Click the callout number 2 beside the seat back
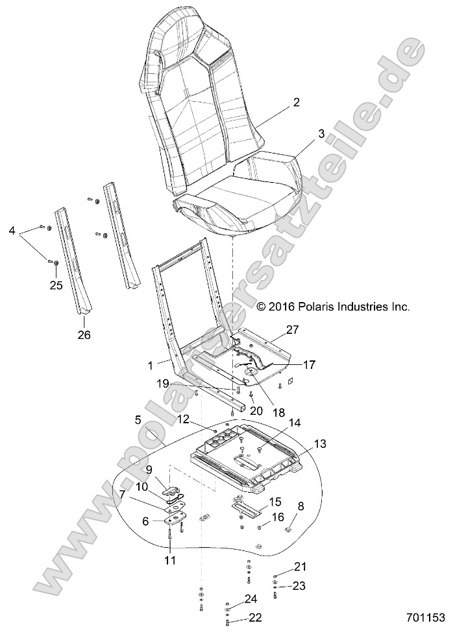(x=296, y=102)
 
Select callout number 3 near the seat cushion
(x=302, y=134)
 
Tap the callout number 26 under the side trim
(x=84, y=335)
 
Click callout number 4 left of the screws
(x=11, y=231)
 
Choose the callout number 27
(x=293, y=330)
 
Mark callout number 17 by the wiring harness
(x=309, y=365)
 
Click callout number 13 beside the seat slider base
(x=320, y=443)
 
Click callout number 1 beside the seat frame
(x=151, y=366)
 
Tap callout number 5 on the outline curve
(x=138, y=419)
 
